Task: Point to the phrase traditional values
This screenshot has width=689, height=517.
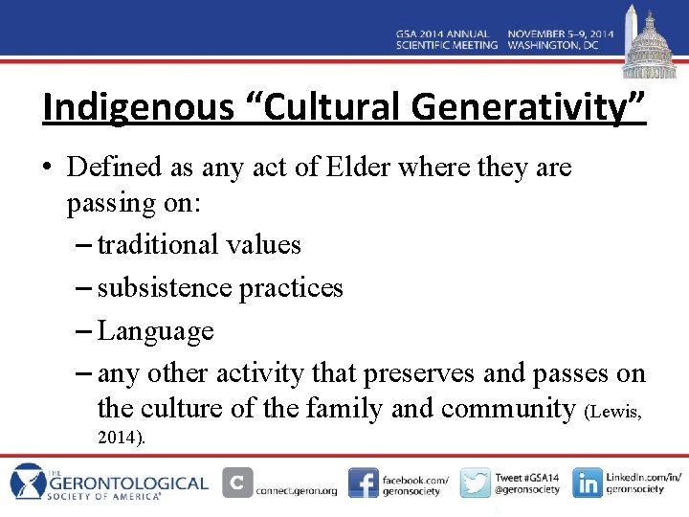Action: [199, 245]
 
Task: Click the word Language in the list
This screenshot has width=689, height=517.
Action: [155, 331]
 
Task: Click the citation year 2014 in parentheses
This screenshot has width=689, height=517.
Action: [120, 438]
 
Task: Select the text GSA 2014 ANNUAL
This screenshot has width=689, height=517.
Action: [447, 33]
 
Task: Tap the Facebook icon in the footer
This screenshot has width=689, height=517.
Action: [363, 483]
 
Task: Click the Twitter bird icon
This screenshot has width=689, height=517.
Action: [475, 483]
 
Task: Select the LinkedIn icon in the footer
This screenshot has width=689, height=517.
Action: [588, 483]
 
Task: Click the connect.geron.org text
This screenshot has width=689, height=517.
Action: [297, 490]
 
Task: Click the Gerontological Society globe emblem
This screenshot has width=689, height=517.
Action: [30, 482]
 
